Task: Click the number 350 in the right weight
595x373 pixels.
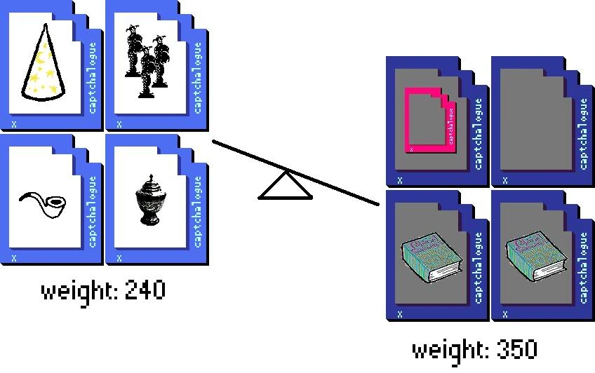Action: (515, 348)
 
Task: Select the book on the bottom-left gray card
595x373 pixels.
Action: (430, 257)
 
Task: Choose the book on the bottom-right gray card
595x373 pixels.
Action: (535, 257)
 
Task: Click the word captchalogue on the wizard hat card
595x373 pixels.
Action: (93, 77)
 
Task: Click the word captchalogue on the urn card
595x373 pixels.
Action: (198, 212)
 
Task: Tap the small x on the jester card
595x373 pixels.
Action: (119, 123)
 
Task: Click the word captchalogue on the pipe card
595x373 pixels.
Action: (93, 212)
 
